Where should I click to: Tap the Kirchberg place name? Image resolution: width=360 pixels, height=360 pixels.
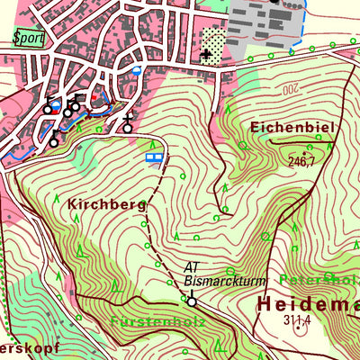click(105, 205)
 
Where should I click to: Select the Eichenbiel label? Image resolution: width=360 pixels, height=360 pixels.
click(292, 128)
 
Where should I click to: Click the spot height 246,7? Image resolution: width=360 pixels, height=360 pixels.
click(301, 162)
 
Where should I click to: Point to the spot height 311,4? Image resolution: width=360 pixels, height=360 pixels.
click(296, 319)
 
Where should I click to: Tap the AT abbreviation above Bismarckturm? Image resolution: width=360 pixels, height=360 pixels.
click(191, 267)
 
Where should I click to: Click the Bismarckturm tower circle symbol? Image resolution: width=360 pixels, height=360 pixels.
click(191, 301)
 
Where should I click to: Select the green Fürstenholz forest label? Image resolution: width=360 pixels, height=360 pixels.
click(158, 321)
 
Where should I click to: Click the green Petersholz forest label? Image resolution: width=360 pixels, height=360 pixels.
click(319, 280)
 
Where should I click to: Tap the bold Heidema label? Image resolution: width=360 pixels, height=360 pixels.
click(306, 304)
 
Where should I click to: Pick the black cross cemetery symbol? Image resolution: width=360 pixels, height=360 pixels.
click(207, 55)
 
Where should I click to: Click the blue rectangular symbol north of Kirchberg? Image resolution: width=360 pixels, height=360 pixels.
click(154, 157)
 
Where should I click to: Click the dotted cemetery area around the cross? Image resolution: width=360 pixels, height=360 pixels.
click(212, 41)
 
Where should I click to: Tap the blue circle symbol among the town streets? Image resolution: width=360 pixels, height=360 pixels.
click(137, 68)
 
